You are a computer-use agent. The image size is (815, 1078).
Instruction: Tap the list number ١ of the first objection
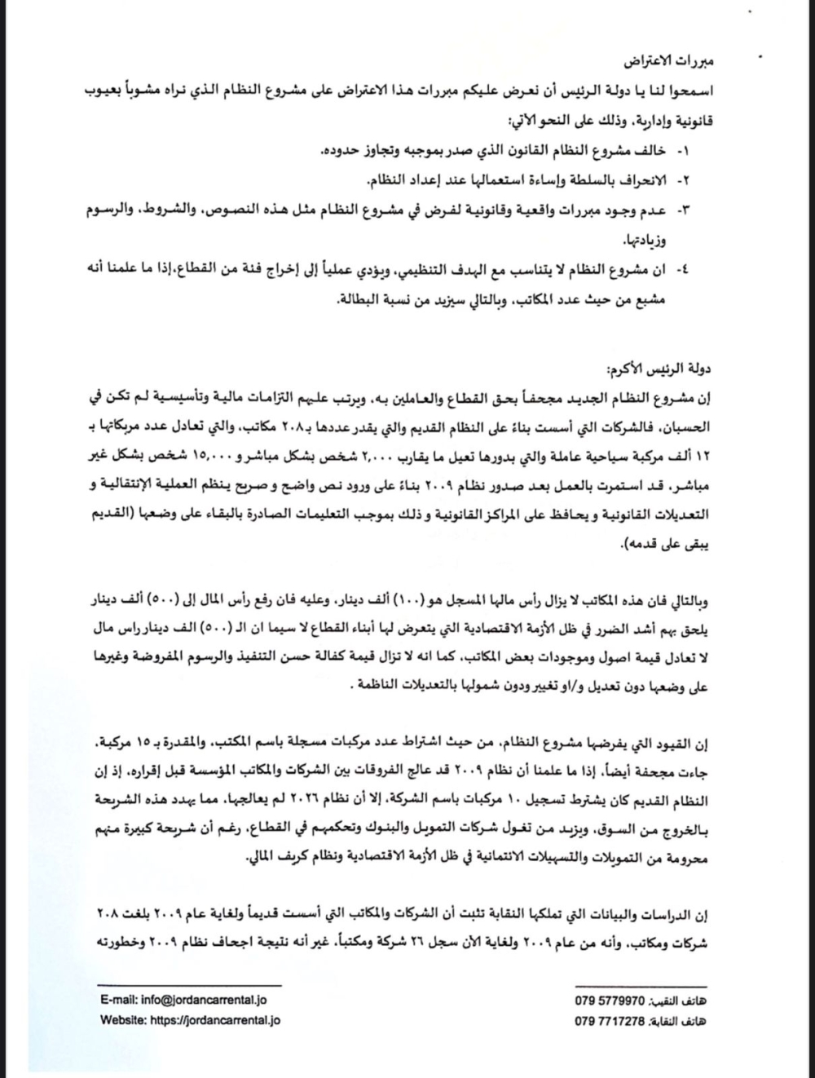[684, 152]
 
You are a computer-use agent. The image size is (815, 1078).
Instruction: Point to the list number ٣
[684, 210]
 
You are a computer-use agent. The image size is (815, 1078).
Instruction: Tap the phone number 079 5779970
[610, 1001]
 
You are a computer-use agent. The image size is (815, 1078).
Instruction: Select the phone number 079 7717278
[610, 1020]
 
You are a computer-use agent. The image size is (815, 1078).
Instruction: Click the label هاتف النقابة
[680, 1020]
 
